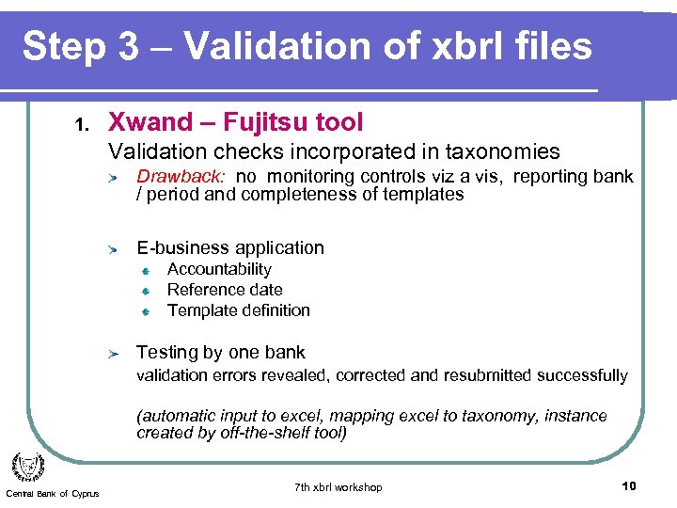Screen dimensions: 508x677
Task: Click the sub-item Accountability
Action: (219, 270)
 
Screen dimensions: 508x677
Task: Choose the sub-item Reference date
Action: (225, 290)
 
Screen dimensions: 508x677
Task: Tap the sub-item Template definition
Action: (238, 310)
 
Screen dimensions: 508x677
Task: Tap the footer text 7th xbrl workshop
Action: (338, 487)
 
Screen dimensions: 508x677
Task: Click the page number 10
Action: (629, 485)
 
